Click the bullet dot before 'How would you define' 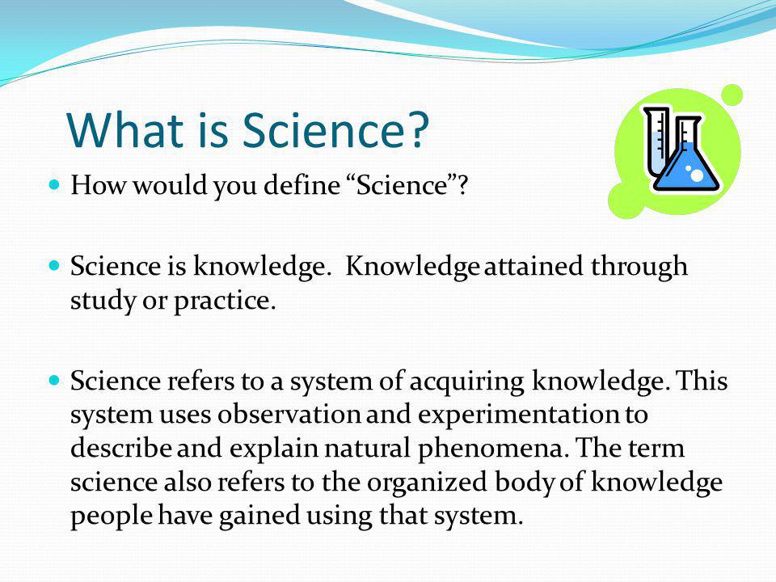point(54,184)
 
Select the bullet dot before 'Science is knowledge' point(54,266)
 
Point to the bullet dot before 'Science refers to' point(54,381)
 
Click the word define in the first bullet point(302,185)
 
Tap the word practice point(224,301)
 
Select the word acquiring point(466,382)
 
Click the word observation point(289,415)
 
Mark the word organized point(427,483)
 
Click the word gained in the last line point(259,516)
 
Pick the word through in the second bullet point(639,266)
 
